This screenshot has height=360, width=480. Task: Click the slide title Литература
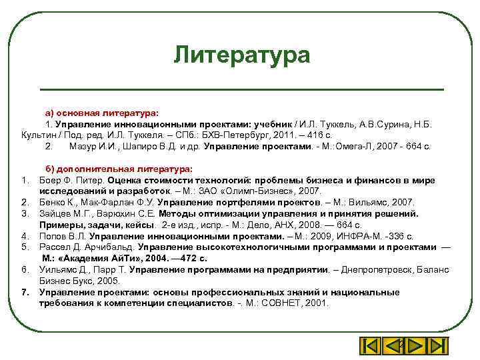(x=241, y=55)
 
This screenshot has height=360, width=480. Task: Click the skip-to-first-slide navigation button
(x=370, y=346)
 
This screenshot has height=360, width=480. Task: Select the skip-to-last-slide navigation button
(x=436, y=346)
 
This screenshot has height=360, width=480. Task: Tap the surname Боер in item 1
(x=49, y=181)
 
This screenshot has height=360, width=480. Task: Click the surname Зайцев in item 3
(x=55, y=213)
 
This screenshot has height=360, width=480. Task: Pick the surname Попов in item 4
(x=53, y=236)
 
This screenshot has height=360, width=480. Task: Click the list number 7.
(x=25, y=292)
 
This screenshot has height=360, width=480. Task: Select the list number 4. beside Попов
(x=25, y=236)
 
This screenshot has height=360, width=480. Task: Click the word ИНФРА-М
(x=373, y=236)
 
